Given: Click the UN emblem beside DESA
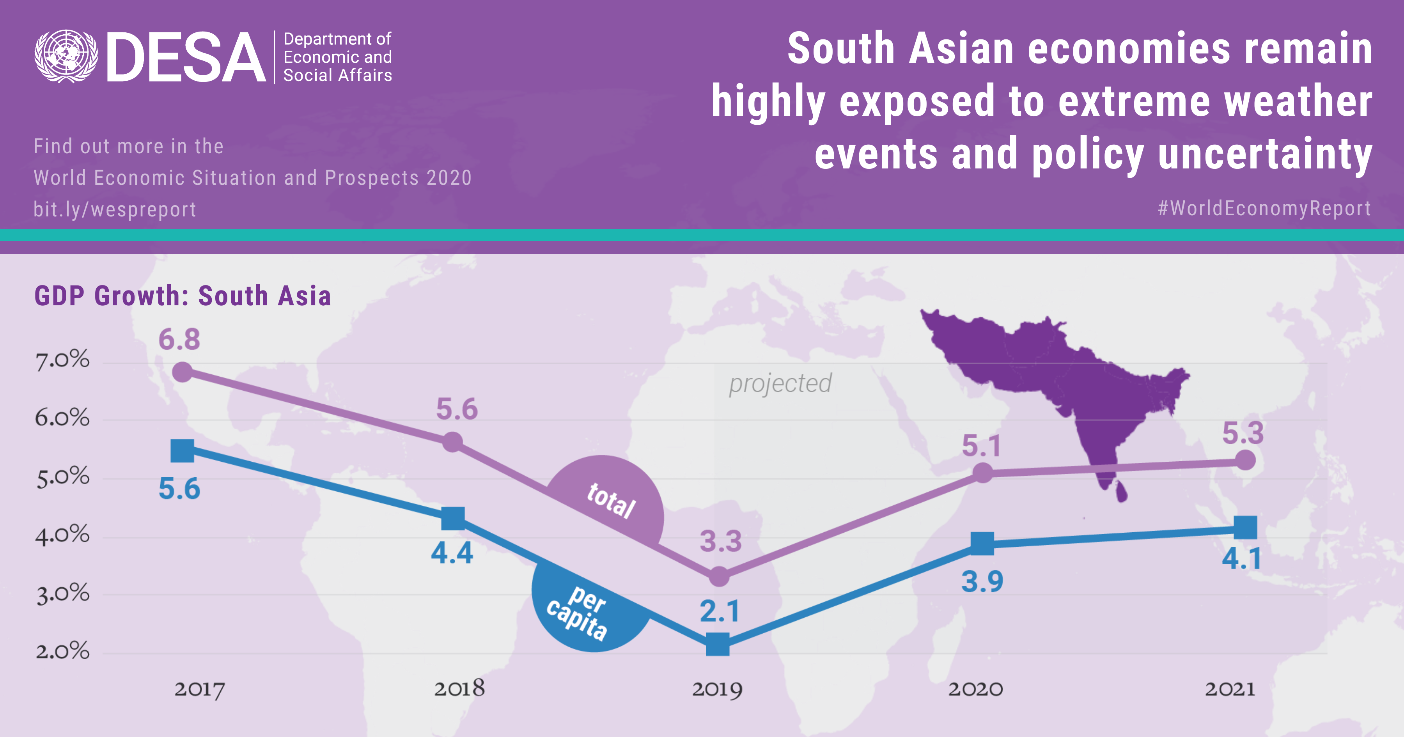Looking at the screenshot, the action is [x=66, y=56].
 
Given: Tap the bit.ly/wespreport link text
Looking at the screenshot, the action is [x=114, y=209].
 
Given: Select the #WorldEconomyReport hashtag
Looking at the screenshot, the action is [x=1264, y=208].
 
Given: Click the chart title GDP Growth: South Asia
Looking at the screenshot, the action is [x=183, y=296].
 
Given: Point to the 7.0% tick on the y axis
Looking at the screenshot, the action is [x=62, y=360].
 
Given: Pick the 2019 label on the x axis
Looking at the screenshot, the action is [x=717, y=689].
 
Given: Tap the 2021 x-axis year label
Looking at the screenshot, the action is [x=1230, y=689].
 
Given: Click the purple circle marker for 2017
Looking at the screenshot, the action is [x=182, y=372].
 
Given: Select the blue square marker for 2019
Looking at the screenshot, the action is [x=718, y=644].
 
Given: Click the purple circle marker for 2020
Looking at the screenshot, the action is [x=982, y=473].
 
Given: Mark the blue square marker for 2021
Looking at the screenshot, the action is [x=1245, y=527].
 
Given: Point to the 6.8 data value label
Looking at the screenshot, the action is [x=179, y=339].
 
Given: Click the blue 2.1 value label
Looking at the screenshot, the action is [x=720, y=611].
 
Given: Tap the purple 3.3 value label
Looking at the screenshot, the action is [x=721, y=541].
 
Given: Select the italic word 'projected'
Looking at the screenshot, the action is [x=780, y=383].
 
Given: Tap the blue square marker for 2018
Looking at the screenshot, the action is [x=452, y=518].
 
